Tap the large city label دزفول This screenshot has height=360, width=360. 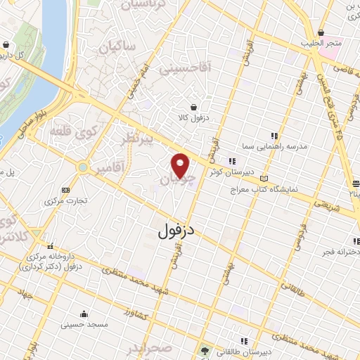pos(171,229)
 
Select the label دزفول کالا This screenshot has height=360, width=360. pos(214,118)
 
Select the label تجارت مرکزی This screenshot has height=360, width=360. pos(66,200)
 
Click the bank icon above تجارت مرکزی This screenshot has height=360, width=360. pos(66,189)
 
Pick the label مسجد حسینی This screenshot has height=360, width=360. pos(84,325)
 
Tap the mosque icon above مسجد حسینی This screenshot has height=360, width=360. pos(84,314)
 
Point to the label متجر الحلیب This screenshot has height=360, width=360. pos(321,44)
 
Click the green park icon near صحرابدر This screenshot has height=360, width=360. pos(205,350)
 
